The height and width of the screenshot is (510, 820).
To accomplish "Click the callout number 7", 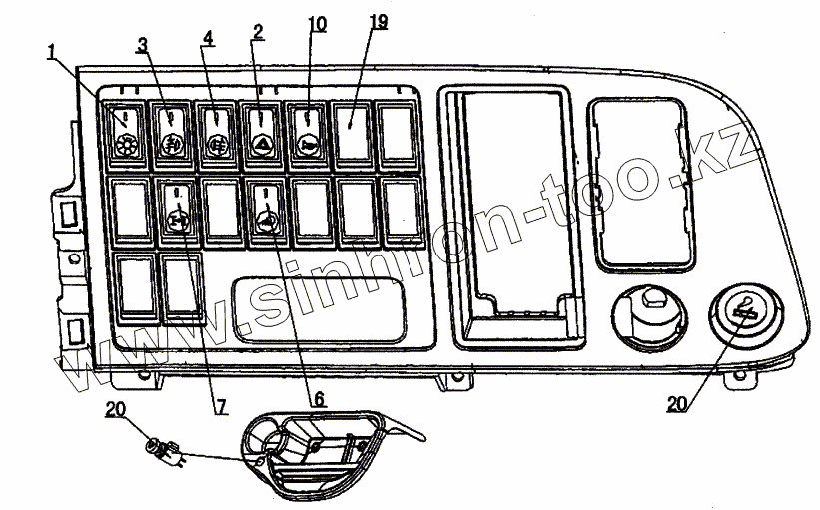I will point(220,406).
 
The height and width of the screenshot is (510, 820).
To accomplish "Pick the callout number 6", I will point(319,398).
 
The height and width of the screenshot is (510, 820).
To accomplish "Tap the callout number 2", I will point(258,32).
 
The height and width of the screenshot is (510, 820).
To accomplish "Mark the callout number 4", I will point(207,37).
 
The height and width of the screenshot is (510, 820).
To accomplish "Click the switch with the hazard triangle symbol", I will point(263,137).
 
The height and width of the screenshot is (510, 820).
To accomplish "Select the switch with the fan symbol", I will point(126,136).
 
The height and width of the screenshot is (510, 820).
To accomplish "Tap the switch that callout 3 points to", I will point(172,137).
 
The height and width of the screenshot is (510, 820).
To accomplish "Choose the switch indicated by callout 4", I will point(217,137).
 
